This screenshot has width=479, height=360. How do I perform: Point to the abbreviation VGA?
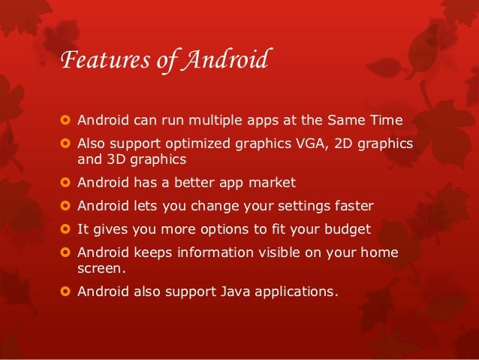(297, 144)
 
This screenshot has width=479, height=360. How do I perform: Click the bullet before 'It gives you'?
(65, 229)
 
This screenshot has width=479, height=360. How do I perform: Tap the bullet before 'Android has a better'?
(65, 183)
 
